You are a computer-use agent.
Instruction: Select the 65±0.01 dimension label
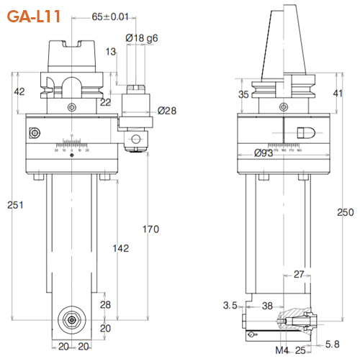click(x=111, y=17)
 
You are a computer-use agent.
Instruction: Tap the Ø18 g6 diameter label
click(x=143, y=37)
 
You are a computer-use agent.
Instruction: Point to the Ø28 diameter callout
click(x=167, y=110)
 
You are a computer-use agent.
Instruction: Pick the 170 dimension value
click(x=150, y=230)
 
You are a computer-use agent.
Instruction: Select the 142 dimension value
click(x=120, y=248)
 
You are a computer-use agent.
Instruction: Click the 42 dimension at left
click(x=20, y=91)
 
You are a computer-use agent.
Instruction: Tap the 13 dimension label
click(x=110, y=52)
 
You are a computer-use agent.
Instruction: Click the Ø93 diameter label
click(x=265, y=152)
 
